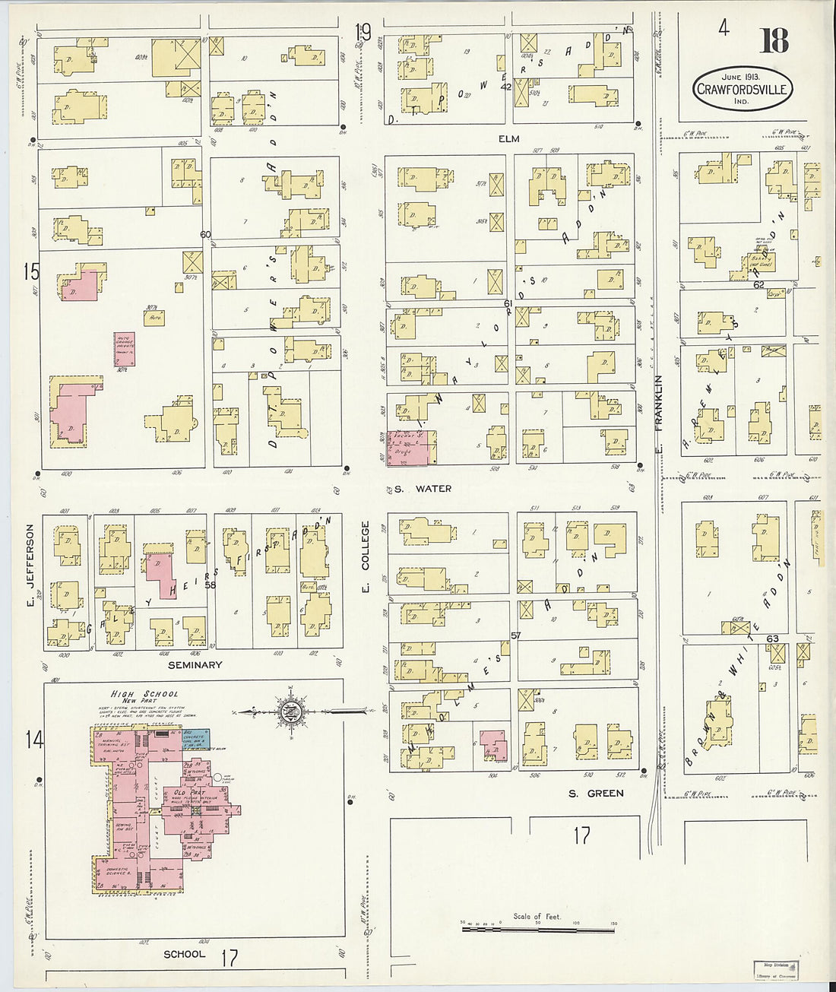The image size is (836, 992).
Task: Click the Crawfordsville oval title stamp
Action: (742, 89)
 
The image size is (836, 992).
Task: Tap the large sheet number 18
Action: (774, 40)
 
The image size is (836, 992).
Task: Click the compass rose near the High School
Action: (290, 713)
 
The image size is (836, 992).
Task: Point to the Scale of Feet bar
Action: (538, 928)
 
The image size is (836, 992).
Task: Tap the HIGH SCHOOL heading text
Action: (144, 693)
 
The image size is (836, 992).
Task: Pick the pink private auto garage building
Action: (125, 350)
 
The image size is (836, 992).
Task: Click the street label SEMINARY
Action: (195, 664)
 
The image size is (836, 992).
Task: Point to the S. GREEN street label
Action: (595, 793)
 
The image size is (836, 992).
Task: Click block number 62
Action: (758, 285)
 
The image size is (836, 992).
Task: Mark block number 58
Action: (210, 585)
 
